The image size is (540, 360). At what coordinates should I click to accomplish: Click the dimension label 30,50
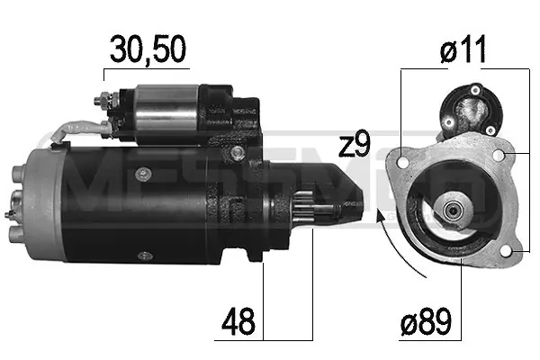[x=148, y=49]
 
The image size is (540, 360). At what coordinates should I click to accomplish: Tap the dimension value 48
[x=238, y=322]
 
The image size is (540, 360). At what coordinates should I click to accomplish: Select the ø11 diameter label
[x=463, y=49]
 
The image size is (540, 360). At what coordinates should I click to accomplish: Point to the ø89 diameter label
[x=426, y=321]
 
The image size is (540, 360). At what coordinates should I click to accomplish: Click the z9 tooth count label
[x=354, y=144]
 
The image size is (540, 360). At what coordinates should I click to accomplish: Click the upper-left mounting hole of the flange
[x=402, y=161]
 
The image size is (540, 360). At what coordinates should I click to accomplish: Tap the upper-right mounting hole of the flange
[x=499, y=156]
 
